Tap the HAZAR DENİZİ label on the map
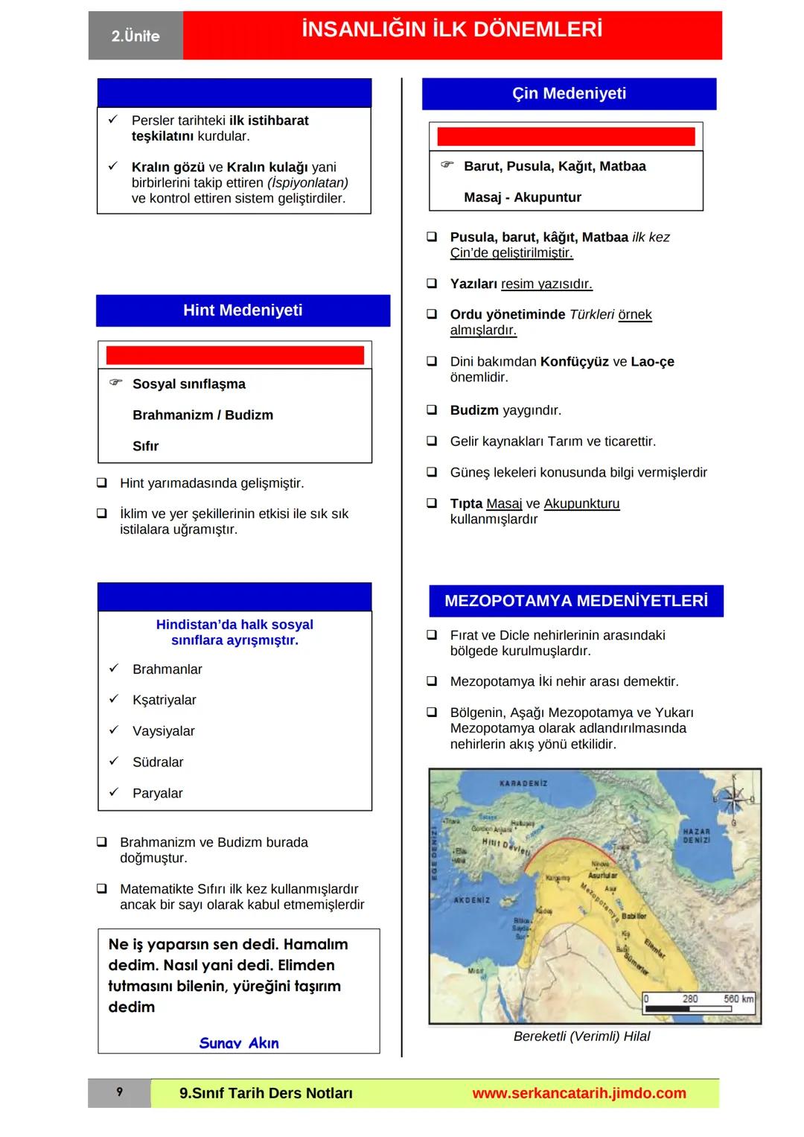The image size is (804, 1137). (x=696, y=835)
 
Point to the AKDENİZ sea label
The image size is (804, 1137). (x=471, y=900)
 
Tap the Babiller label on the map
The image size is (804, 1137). (x=634, y=916)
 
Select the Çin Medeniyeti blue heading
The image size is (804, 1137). (x=569, y=94)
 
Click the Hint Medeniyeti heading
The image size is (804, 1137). (x=243, y=310)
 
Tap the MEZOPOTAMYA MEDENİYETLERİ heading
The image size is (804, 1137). (x=575, y=601)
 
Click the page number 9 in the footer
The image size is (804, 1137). (x=119, y=1092)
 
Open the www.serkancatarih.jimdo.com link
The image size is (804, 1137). (x=578, y=1093)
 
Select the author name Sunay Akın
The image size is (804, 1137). (x=238, y=1042)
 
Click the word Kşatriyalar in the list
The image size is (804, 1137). (x=164, y=700)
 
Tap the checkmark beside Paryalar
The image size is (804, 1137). (x=114, y=792)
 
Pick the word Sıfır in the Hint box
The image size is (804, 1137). (x=145, y=446)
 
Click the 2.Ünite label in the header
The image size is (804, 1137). (x=135, y=36)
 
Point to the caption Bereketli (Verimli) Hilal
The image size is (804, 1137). (x=581, y=1036)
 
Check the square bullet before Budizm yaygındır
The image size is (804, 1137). (x=432, y=410)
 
